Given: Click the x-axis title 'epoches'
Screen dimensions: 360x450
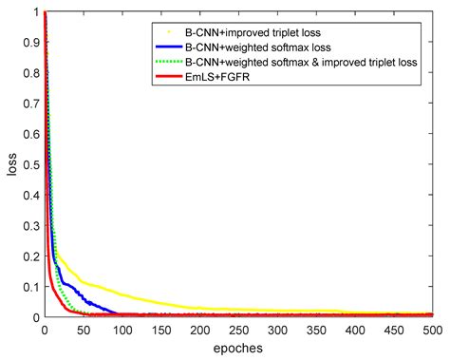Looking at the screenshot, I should click(x=238, y=348).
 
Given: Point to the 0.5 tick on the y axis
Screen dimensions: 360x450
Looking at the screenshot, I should click(x=31, y=164).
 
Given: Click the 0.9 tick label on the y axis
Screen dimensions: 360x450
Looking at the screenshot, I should click(x=31, y=42).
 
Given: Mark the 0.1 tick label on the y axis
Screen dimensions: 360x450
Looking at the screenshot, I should click(x=31, y=286).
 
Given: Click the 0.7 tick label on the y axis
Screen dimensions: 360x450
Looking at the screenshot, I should click(x=31, y=104).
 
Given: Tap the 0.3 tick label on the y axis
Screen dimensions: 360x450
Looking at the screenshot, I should click(x=31, y=225).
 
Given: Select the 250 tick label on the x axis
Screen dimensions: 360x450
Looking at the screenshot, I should click(x=238, y=330).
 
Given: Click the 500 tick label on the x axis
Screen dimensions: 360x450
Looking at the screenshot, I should click(x=432, y=330).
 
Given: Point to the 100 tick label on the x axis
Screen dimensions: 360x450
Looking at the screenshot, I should click(x=122, y=330).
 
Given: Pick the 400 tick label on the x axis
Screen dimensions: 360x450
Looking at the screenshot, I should click(x=355, y=330).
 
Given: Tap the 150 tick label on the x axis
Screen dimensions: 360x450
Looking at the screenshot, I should click(x=160, y=330).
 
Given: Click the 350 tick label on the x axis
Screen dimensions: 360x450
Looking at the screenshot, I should click(x=316, y=330).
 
